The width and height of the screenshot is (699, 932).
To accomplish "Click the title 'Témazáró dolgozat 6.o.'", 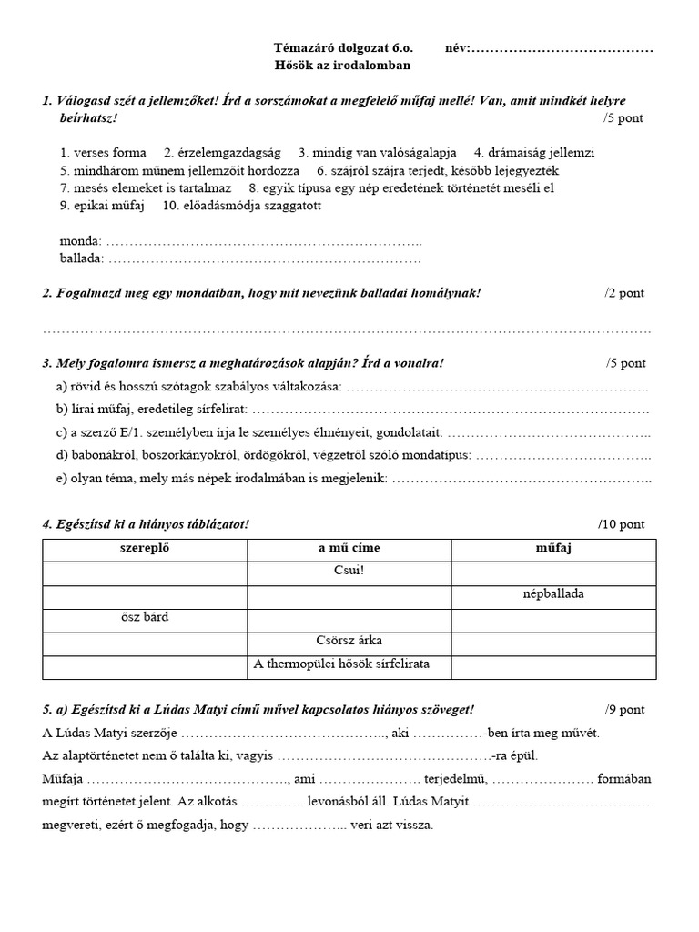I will (342, 47).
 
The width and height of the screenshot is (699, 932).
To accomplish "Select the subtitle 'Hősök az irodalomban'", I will (342, 65).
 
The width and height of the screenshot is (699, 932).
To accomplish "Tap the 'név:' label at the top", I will (458, 47).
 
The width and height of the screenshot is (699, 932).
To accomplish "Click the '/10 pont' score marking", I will (622, 523).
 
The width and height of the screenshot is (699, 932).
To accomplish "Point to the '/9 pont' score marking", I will (624, 709).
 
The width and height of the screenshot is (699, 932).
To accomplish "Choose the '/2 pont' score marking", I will (624, 292).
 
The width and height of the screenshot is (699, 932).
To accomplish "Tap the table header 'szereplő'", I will (146, 549).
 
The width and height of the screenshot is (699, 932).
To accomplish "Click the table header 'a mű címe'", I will (349, 549).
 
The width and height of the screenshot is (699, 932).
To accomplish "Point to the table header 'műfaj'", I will (553, 549).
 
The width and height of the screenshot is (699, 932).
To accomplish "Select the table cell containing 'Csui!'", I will (349, 572).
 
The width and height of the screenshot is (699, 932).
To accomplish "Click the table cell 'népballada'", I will (553, 594).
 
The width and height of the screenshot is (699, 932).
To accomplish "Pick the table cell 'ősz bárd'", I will (145, 618).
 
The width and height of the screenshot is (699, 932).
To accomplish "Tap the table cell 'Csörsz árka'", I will (349, 641).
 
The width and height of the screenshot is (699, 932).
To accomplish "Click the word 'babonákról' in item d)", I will (104, 455).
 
